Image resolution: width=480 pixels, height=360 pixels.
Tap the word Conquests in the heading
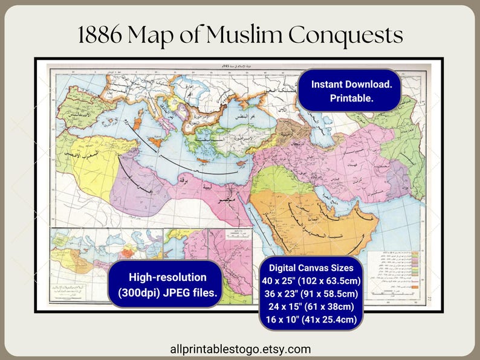pos(345,36)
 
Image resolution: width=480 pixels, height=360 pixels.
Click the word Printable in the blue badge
pos(351,98)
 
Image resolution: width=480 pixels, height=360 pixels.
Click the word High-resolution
pos(167,277)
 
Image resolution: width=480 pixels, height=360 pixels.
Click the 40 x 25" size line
pos(311,281)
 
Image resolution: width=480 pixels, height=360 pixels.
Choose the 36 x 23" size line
pos(311,294)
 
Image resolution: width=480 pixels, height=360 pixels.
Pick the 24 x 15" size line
pos(311,307)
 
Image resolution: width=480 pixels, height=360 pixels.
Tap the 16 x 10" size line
pos(311,320)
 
